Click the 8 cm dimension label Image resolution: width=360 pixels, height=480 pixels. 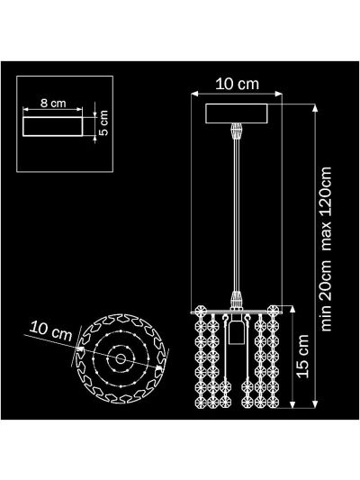(x=53, y=104)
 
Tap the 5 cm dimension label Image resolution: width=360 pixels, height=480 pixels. (x=104, y=123)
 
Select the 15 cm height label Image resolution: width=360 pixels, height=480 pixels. (x=302, y=356)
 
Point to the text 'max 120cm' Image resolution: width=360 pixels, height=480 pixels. (x=326, y=209)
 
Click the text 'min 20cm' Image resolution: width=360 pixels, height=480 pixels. (x=326, y=295)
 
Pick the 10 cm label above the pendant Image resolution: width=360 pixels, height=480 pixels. (x=237, y=84)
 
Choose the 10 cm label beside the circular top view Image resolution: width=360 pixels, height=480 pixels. (x=50, y=331)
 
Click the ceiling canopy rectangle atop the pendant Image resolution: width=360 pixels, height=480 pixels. (x=237, y=113)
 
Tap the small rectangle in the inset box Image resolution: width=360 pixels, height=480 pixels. (x=53, y=126)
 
